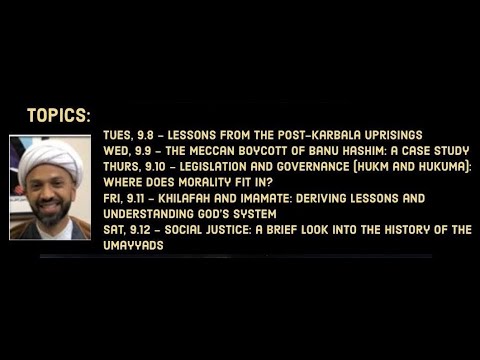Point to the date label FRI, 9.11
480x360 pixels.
[x=125, y=198]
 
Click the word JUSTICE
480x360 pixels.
[x=233, y=230]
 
